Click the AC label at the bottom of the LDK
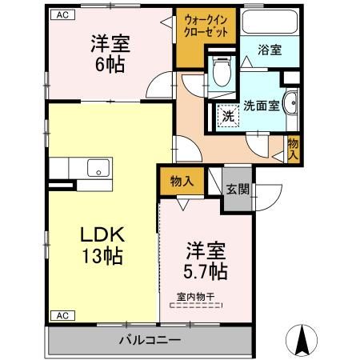pos(60,315)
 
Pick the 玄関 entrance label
pos(237,189)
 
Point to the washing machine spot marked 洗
pos(228,117)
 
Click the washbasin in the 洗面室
pos(293,103)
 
